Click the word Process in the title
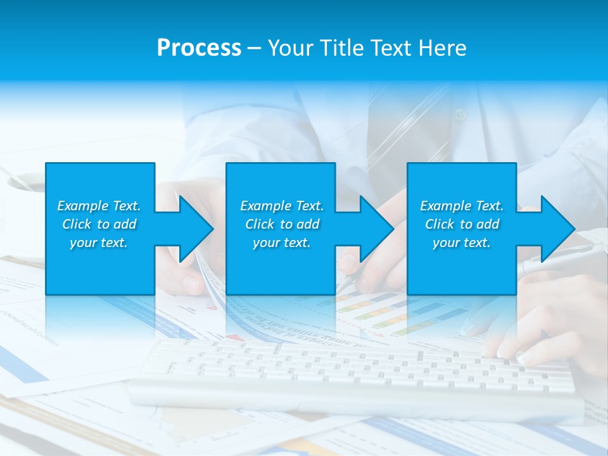[x=199, y=48]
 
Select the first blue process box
[x=100, y=266]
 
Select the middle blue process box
[x=281, y=266]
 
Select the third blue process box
[x=461, y=266]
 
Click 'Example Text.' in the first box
[x=99, y=206]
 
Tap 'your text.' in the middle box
[x=281, y=243]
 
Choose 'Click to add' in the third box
[x=462, y=224]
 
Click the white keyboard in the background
[x=355, y=374]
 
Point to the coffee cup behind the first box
[x=22, y=184]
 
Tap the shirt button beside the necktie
[x=460, y=115]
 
